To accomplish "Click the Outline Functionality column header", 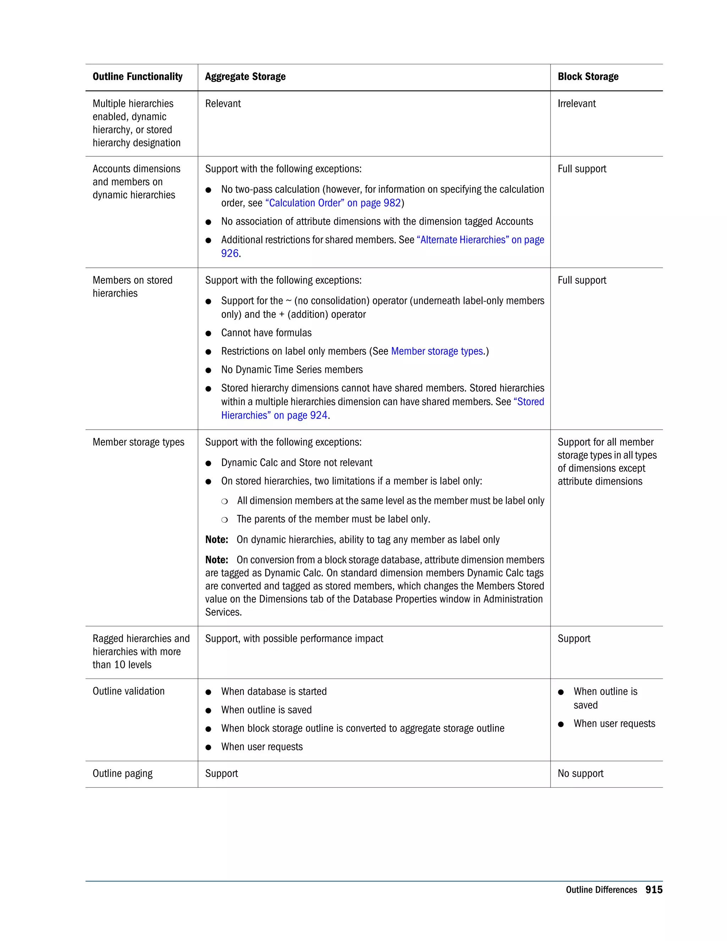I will pos(137,77).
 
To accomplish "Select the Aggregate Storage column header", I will pos(245,77).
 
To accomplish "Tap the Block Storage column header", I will pos(587,77).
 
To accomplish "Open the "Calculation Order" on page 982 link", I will pos(333,203).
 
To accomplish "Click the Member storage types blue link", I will pos(437,351).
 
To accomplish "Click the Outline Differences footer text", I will pos(601,890).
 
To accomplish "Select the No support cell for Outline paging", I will pos(580,773).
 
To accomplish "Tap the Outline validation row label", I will pos(129,691).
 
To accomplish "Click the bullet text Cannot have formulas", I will pos(266,333).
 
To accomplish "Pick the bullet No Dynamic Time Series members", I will pos(291,370).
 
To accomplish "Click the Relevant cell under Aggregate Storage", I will pos(223,103).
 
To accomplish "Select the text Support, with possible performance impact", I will pos(294,638).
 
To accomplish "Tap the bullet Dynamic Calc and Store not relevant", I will pos(296,463).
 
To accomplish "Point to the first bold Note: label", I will pos(216,540).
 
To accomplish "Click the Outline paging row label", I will pos(122,773).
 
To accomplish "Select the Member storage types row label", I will pos(138,442).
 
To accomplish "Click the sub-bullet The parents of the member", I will pos(333,519).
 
